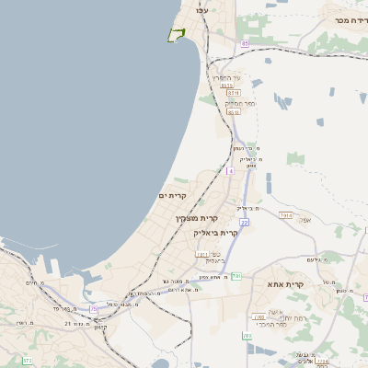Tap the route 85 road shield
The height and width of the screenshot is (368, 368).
point(245,43)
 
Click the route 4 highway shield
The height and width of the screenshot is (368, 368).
point(230,171)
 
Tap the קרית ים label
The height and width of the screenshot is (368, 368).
point(172,196)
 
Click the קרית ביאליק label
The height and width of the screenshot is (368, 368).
point(217,233)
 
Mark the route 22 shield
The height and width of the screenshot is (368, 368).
point(246,222)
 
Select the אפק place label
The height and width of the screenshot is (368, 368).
point(306,220)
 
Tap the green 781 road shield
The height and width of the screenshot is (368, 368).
point(236,275)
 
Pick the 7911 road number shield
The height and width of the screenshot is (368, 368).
point(201,253)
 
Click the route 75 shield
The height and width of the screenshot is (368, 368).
point(94,309)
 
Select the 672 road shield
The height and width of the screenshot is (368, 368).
point(28,360)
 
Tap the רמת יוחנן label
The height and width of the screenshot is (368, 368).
point(276,316)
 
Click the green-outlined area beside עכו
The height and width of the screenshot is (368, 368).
point(176,34)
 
